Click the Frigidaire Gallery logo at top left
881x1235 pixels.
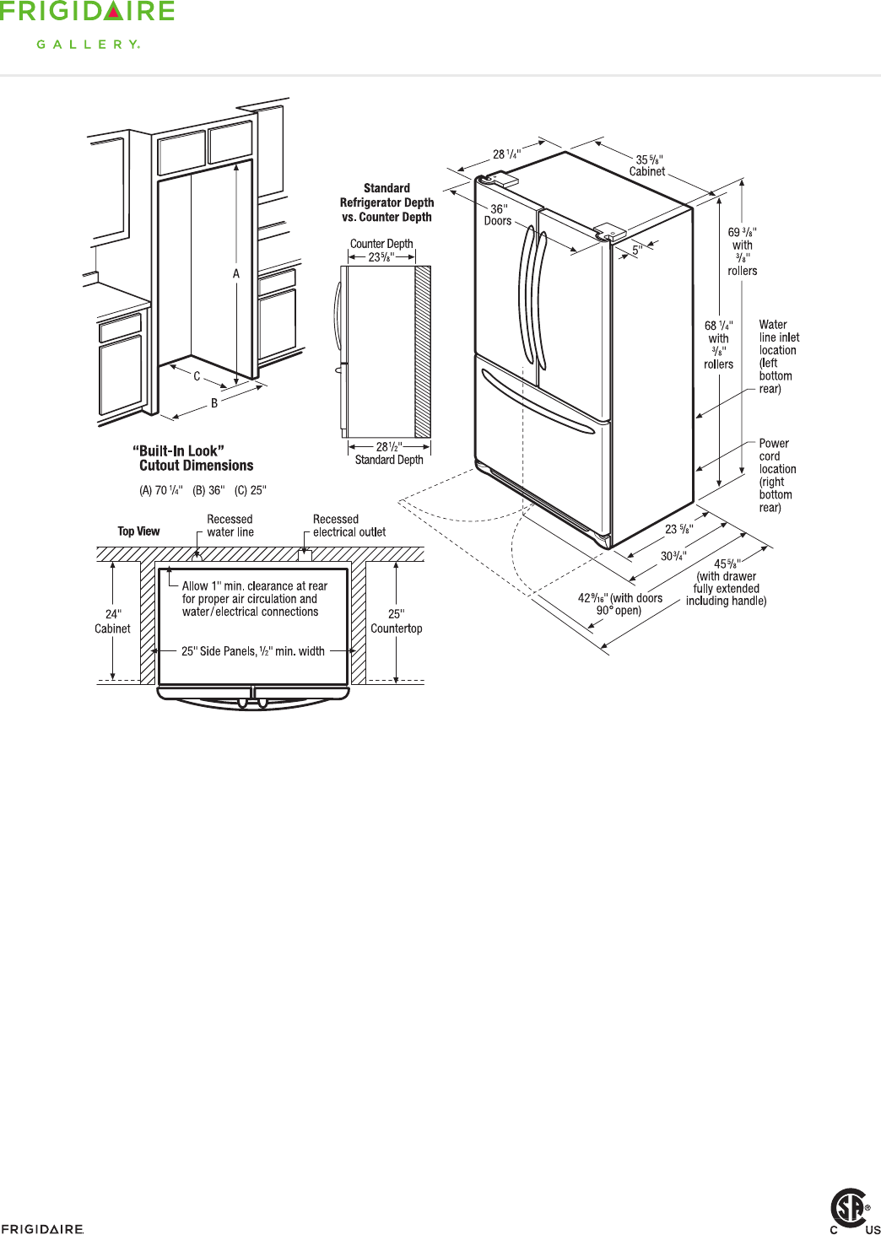pyautogui.click(x=87, y=24)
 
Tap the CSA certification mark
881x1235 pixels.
pyautogui.click(x=851, y=1208)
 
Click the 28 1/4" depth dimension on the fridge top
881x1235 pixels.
pyautogui.click(x=506, y=154)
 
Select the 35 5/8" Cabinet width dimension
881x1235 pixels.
pyautogui.click(x=648, y=165)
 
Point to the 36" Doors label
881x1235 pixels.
pyautogui.click(x=498, y=215)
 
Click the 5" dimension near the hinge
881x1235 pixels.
pyautogui.click(x=637, y=250)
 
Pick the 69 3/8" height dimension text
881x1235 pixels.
pyautogui.click(x=743, y=251)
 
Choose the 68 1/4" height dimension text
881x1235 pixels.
pyautogui.click(x=719, y=344)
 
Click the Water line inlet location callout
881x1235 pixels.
pyautogui.click(x=778, y=356)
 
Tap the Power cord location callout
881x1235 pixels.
pyautogui.click(x=776, y=475)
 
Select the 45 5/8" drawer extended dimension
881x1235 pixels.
pyautogui.click(x=727, y=582)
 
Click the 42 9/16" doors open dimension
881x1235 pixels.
pyautogui.click(x=619, y=604)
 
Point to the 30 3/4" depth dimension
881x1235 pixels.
pyautogui.click(x=673, y=556)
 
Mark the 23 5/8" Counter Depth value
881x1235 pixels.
pyautogui.click(x=381, y=257)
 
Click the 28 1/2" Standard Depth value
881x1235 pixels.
pyautogui.click(x=388, y=447)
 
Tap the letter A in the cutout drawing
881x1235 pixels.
pyautogui.click(x=236, y=273)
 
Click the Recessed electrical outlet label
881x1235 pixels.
pyautogui.click(x=349, y=526)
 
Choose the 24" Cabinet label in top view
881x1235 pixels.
pyautogui.click(x=112, y=621)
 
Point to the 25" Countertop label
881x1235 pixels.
pyautogui.click(x=396, y=621)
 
